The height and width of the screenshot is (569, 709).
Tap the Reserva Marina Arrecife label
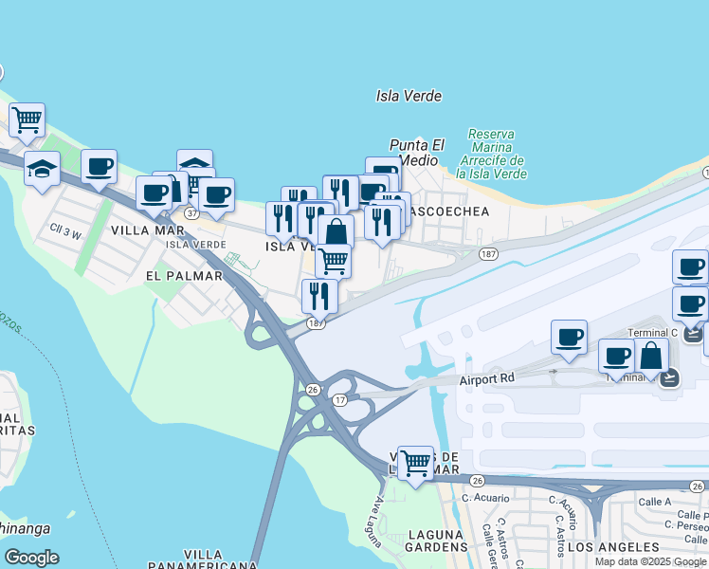490,154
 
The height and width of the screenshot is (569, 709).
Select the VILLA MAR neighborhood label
147,229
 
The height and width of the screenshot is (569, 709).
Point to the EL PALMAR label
184,276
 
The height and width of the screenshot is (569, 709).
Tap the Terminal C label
654,333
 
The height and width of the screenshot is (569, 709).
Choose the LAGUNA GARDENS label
437,541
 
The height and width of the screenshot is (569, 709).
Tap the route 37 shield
191,213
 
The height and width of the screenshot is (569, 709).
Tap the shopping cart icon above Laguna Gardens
415,463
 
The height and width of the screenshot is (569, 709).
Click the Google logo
31,558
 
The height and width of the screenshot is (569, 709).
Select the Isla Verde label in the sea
409,96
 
